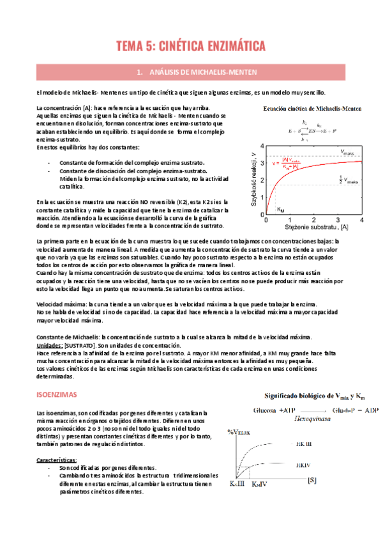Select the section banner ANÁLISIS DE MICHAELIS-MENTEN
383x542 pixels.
tap(191, 72)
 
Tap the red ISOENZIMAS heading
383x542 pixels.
tap(57, 396)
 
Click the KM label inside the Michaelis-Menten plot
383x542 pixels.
tap(281, 208)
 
